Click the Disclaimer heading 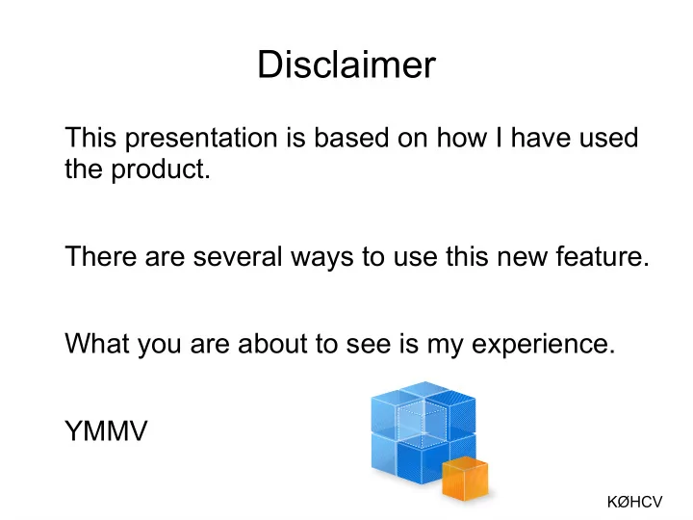[x=346, y=65]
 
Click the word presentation [x=201, y=139]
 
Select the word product [x=161, y=169]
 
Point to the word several [x=238, y=256]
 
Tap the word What [x=97, y=343]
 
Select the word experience [x=543, y=345]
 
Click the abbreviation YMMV [x=106, y=430]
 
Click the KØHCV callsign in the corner [x=634, y=502]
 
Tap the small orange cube [x=465, y=479]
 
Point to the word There [x=101, y=256]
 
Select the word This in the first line [x=90, y=137]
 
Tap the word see [x=369, y=345]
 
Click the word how [x=462, y=137]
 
